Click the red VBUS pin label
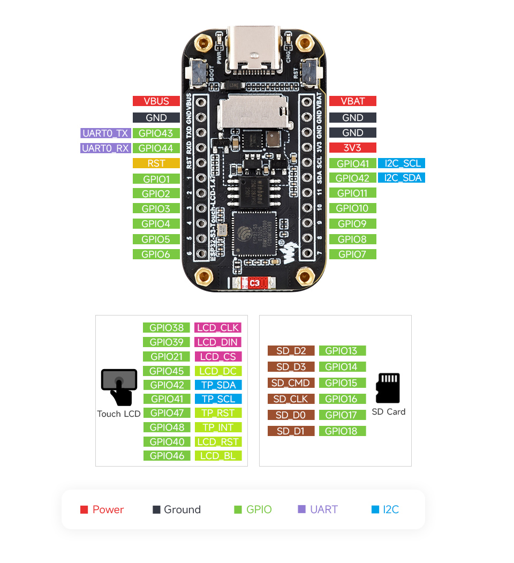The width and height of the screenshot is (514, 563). pos(156,101)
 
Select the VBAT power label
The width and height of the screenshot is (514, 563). pos(352,101)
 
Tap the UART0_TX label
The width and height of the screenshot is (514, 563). pos(105,133)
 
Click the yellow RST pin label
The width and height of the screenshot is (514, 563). pos(156,163)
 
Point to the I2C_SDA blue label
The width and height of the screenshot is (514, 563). pos(401,178)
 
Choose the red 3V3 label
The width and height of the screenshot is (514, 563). pos(352,147)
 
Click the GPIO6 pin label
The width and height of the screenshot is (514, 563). pos(156,254)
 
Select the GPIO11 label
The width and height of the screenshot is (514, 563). pos(352,193)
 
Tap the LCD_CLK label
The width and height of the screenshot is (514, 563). pos(218,327)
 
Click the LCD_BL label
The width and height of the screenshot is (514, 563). pos(218,456)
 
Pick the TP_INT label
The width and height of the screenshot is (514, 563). pos(218,427)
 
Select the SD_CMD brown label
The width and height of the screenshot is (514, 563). pos(291,383)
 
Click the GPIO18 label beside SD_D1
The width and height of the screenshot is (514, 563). pos(342,431)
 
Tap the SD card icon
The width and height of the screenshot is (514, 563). pos(388,388)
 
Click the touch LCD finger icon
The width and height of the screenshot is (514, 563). pos(119,386)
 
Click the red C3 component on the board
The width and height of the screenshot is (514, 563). pos(254,282)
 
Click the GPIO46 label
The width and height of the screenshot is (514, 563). pos(167,456)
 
